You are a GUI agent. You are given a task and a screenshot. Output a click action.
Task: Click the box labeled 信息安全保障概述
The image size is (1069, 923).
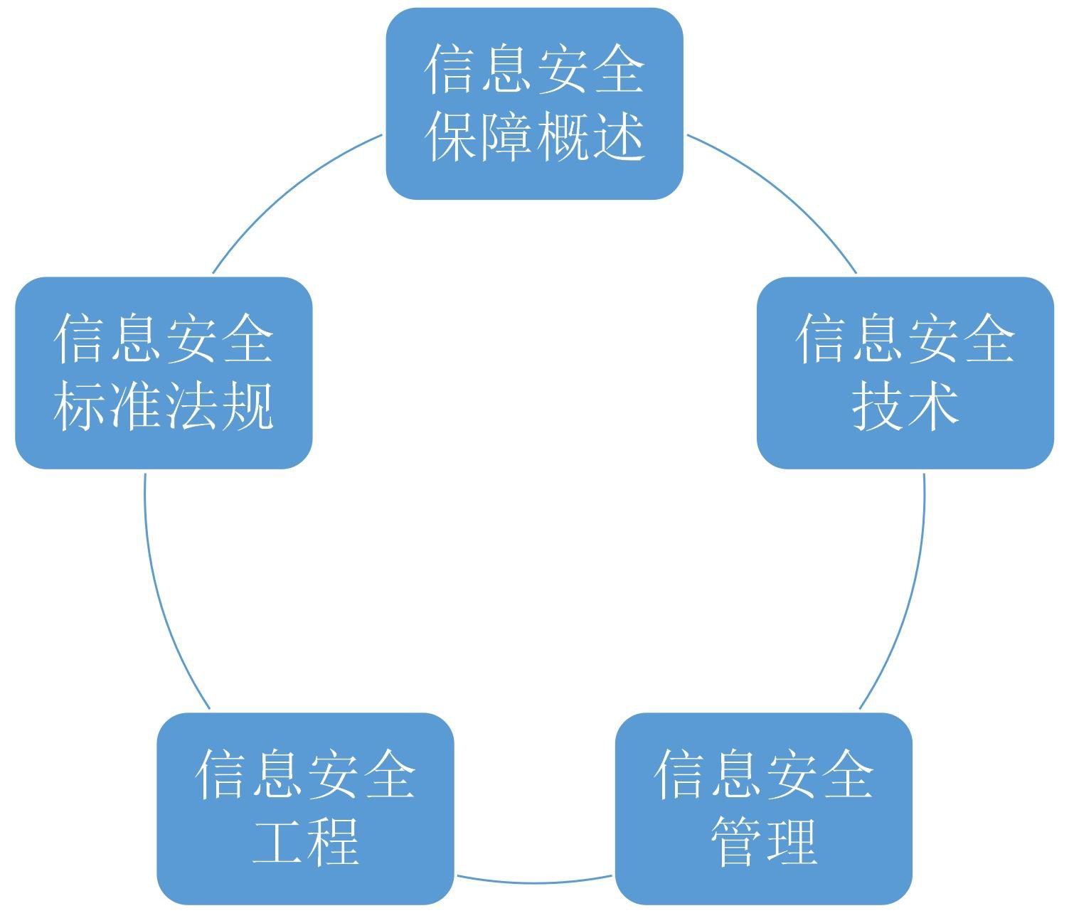click(534, 104)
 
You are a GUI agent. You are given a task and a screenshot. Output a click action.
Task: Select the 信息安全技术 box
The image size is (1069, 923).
click(905, 373)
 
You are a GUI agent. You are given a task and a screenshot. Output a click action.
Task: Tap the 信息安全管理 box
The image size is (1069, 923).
click(763, 809)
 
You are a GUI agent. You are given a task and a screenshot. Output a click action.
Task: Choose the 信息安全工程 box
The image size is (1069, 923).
click(305, 809)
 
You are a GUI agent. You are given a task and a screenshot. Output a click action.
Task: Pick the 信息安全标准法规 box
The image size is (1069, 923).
click(164, 373)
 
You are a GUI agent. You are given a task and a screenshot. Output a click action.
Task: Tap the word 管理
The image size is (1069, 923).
click(763, 841)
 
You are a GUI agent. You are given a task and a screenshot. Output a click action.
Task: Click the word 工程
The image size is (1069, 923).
click(305, 841)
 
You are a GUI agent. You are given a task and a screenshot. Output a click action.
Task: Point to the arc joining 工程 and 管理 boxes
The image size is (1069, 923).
click(534, 882)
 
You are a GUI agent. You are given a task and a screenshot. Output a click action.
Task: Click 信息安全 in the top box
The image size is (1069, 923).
click(534, 70)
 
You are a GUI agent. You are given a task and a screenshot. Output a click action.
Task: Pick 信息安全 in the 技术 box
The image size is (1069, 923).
click(905, 339)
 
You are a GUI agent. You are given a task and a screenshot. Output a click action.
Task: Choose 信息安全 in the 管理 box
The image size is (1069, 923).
click(763, 774)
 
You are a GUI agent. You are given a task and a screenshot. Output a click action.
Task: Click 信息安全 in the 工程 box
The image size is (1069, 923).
click(305, 774)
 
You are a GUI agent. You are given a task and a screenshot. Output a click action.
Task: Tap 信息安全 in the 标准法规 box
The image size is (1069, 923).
click(164, 339)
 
